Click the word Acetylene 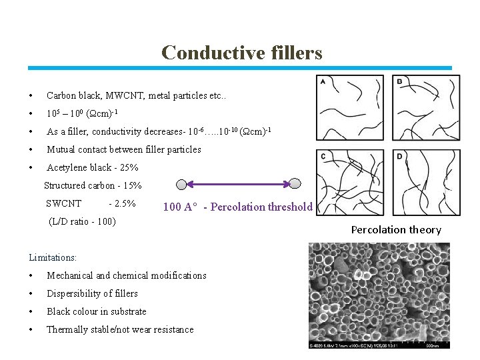(67, 167)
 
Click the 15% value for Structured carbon (131, 185)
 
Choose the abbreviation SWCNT (64, 203)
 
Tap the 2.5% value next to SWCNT (125, 203)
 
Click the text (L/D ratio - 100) (83, 221)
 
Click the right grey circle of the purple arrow (295, 183)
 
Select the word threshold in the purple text (289, 207)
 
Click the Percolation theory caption (396, 230)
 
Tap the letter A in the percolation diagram (323, 82)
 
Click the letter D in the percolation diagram (399, 156)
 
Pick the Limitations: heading (53, 257)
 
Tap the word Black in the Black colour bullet (58, 311)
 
